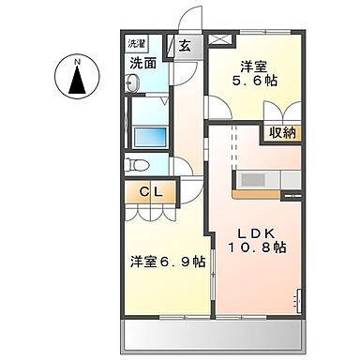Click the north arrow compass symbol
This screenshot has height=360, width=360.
(78, 78)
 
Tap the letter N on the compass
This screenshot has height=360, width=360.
(78, 65)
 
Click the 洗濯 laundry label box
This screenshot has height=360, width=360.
(137, 43)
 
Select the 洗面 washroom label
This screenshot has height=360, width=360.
(142, 65)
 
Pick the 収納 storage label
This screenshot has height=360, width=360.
(283, 132)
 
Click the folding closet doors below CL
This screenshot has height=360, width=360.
(150, 211)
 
